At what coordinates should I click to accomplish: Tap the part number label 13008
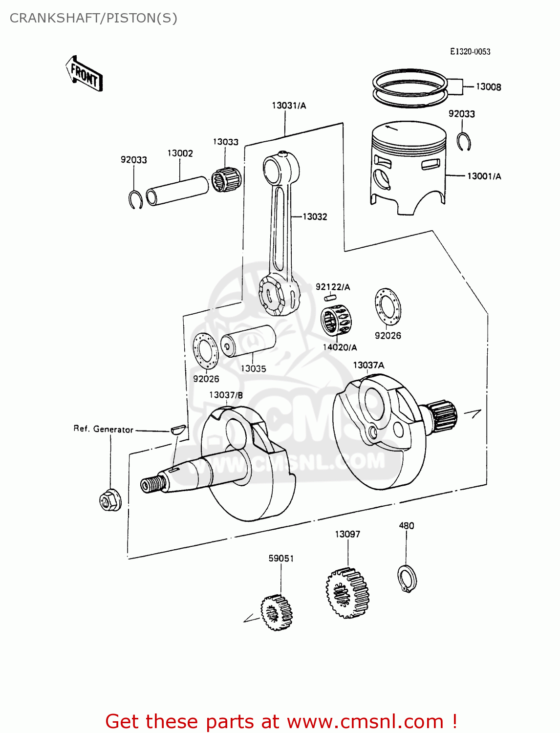[488, 87]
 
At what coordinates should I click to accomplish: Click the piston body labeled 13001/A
[409, 166]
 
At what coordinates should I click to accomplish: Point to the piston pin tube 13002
[177, 191]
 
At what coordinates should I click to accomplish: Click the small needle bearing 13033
[226, 179]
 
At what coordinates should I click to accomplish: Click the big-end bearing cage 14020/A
[337, 320]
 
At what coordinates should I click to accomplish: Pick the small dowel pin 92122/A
[330, 297]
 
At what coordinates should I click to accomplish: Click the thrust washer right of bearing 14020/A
[388, 307]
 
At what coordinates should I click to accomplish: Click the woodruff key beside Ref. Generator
[178, 430]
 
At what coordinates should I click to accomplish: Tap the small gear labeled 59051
[277, 612]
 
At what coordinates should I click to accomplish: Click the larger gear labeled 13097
[347, 593]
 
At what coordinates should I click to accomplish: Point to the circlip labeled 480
[407, 579]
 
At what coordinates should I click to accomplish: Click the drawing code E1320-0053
[470, 52]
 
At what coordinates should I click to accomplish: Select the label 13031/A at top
[289, 106]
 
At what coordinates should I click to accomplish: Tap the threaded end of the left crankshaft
[153, 484]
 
